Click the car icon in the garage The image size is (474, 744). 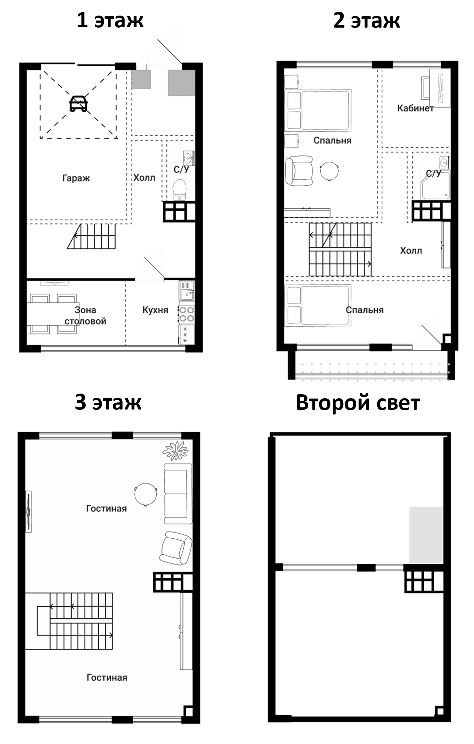(78, 103)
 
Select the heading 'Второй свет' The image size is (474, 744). (358, 402)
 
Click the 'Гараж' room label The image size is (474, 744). (76, 178)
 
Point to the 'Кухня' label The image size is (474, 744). (155, 310)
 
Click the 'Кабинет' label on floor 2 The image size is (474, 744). (416, 108)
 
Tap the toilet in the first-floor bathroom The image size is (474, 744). (180, 190)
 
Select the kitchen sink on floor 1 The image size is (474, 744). (187, 291)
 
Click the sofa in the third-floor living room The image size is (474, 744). (178, 494)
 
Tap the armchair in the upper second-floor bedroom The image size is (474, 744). (300, 171)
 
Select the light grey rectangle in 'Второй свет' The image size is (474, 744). (426, 535)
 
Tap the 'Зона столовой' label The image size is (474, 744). (85, 315)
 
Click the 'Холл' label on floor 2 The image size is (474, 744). (411, 251)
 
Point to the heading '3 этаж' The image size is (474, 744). (108, 402)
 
